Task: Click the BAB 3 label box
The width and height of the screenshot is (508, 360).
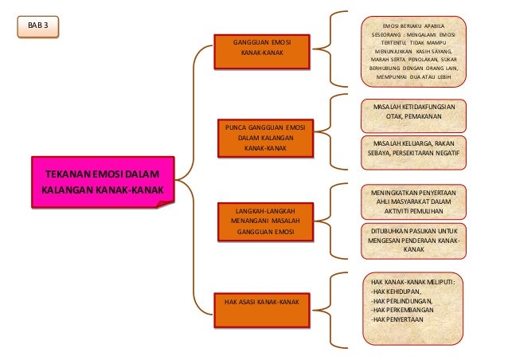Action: [x=37, y=26]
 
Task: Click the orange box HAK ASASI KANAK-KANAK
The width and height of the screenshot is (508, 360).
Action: [x=262, y=303]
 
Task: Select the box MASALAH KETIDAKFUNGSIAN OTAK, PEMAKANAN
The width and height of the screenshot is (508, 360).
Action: [x=412, y=115]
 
